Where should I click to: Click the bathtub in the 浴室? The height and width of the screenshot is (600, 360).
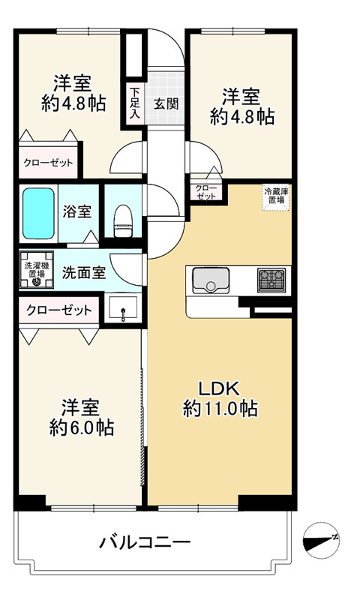click(x=37, y=214)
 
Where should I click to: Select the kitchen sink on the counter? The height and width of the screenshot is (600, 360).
click(x=211, y=280)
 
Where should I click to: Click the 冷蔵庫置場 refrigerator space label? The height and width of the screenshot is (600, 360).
click(x=276, y=196)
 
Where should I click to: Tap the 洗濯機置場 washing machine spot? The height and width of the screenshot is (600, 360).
click(x=36, y=270)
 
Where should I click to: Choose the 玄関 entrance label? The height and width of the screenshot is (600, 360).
click(x=166, y=103)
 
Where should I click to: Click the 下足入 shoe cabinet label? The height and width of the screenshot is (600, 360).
click(x=134, y=103)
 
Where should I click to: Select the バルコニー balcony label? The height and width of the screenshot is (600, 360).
click(x=145, y=542)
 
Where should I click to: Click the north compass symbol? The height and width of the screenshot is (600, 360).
click(x=321, y=540)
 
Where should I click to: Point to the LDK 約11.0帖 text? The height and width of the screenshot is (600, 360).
click(x=220, y=399)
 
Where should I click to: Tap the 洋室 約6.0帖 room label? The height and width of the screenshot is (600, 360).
click(x=82, y=418)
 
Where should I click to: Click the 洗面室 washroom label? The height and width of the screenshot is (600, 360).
click(x=84, y=273)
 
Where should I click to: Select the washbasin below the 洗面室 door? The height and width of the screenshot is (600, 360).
click(x=123, y=308)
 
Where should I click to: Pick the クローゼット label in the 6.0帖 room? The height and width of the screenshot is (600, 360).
click(x=59, y=310)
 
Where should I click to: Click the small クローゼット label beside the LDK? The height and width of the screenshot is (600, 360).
click(x=205, y=192)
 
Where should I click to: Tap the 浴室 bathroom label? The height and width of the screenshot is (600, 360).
click(x=77, y=211)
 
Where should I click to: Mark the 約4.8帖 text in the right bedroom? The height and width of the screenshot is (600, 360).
click(x=242, y=117)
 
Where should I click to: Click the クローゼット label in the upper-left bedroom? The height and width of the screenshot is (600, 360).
click(x=48, y=163)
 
